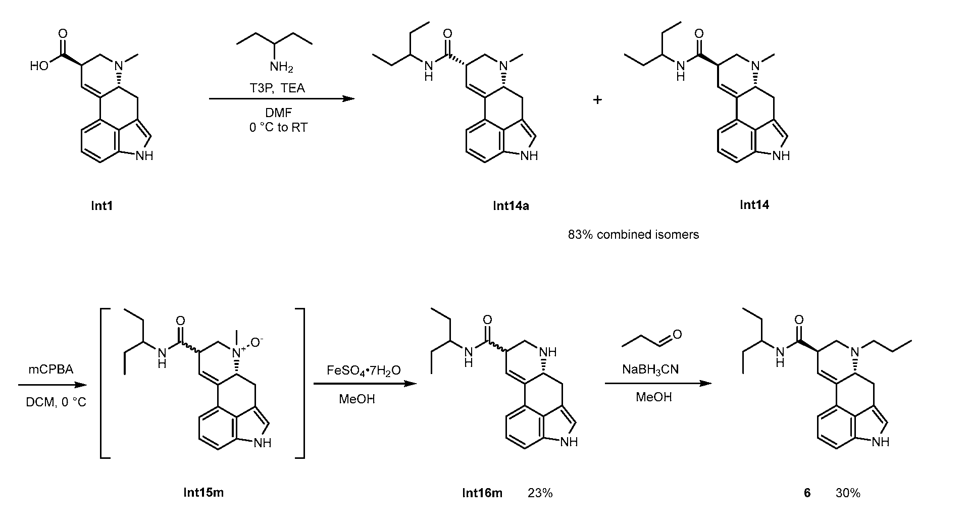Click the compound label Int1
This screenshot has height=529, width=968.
tap(101, 205)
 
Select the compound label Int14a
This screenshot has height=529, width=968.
tap(511, 205)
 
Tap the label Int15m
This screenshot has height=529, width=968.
tap(203, 493)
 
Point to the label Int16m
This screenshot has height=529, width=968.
tap(482, 493)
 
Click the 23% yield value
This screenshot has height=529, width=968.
tap(540, 493)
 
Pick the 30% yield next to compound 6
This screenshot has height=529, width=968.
tap(848, 493)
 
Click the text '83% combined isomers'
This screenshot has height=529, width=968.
tap(633, 235)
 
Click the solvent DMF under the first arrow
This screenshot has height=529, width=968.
tap(278, 114)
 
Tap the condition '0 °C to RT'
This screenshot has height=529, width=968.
tap(278, 127)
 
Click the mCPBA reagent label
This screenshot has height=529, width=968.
tap(51, 369)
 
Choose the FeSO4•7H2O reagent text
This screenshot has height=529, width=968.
tap(364, 371)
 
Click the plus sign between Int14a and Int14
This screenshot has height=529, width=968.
tap(597, 100)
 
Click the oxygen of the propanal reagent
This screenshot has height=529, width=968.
tap(677, 334)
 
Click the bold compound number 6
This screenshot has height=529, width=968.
tap(807, 493)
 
